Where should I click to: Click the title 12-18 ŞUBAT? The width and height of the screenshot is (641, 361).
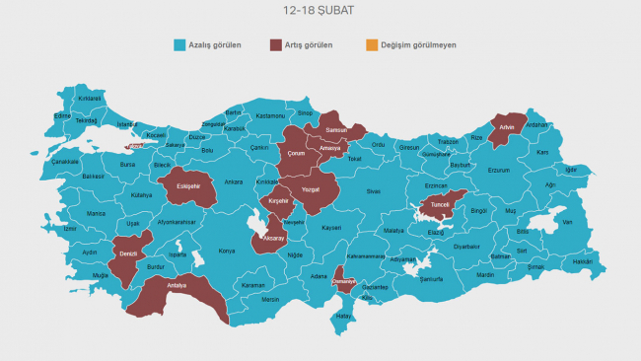[318, 11]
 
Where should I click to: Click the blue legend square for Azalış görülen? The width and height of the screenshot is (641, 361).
[179, 45]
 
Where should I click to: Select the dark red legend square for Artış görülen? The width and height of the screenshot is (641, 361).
[276, 45]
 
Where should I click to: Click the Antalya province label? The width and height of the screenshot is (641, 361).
[177, 286]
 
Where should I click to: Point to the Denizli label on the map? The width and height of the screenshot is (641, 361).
[127, 253]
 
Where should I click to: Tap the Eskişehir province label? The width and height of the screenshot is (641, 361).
[188, 185]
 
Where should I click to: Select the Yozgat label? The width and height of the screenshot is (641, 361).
[311, 189]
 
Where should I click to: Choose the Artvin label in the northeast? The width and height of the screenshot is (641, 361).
[507, 127]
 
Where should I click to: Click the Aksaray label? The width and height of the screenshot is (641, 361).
[273, 239]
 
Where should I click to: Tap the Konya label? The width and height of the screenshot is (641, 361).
[227, 251]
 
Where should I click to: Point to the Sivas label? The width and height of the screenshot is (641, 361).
[373, 190]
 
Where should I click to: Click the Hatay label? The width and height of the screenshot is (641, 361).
[343, 316]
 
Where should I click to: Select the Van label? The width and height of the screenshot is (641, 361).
[567, 222]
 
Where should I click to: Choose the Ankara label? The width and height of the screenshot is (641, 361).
[233, 182]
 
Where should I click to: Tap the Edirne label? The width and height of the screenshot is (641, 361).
[62, 115]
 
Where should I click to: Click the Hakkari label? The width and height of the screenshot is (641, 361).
[583, 261]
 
